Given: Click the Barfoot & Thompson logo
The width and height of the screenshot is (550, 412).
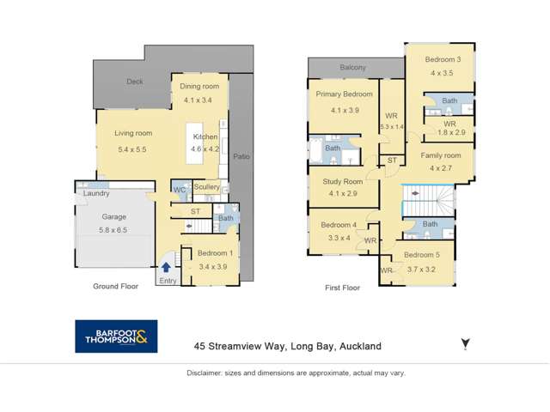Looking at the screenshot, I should click(x=118, y=336).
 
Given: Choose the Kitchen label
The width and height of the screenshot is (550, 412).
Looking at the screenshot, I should click(x=205, y=137).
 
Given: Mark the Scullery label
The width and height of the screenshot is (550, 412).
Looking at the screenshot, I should click(x=206, y=187).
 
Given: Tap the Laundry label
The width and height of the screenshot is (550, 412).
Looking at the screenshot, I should click(x=96, y=193).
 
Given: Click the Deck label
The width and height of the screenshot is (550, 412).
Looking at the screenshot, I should click(x=134, y=82).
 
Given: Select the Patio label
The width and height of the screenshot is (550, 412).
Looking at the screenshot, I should click(x=241, y=156).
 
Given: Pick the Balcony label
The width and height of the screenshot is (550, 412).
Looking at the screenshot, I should click(x=352, y=67).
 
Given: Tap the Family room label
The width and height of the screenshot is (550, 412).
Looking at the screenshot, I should click(x=440, y=156).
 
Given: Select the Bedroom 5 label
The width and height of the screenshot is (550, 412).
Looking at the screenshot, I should click(x=422, y=255).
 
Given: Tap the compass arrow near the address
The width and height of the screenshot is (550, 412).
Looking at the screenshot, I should click(x=465, y=344).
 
